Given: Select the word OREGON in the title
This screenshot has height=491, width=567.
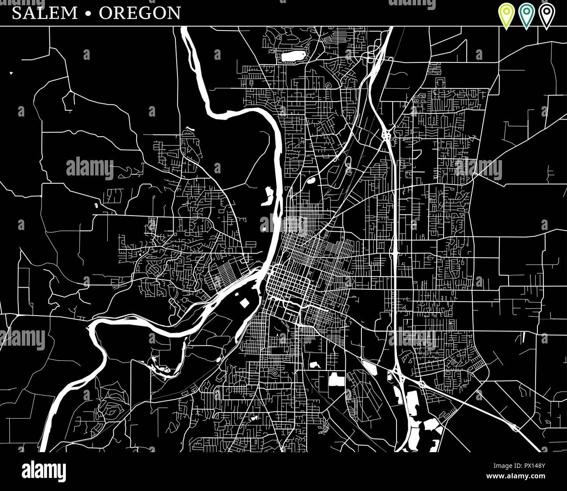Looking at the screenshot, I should pyautogui.click(x=140, y=13).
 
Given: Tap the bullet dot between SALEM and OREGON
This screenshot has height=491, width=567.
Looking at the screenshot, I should pyautogui.click(x=89, y=14).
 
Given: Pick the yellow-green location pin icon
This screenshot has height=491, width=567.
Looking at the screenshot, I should pyautogui.click(x=506, y=14).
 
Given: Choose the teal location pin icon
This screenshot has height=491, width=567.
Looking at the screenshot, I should pyautogui.click(x=526, y=14).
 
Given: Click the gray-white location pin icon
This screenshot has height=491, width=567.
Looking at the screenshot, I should pyautogui.click(x=547, y=14).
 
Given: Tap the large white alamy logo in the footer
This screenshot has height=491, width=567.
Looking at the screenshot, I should pyautogui.click(x=44, y=472).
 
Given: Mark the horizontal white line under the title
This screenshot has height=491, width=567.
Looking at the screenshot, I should pyautogui.click(x=283, y=26).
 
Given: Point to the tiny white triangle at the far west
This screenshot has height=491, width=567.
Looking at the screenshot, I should pyautogui.click(x=11, y=73).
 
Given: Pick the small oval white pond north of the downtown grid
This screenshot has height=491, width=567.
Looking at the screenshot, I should pyautogui.click(x=311, y=179).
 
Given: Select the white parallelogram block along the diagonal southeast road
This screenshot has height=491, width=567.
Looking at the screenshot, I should pyautogui.click(x=370, y=367).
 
